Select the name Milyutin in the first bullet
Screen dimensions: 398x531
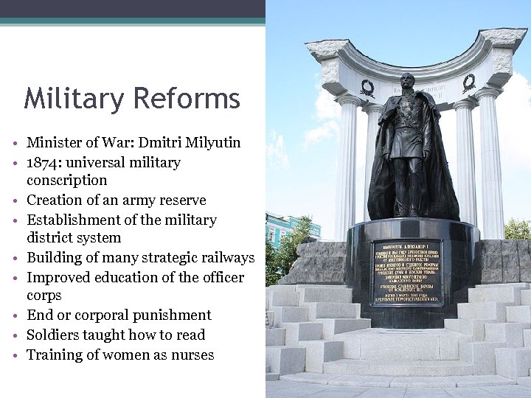click(211, 143)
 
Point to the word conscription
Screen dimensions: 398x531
click(67, 181)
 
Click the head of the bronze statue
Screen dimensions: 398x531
click(407, 82)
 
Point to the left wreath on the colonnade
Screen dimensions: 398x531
click(367, 88)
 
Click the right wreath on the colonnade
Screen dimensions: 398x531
click(468, 83)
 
